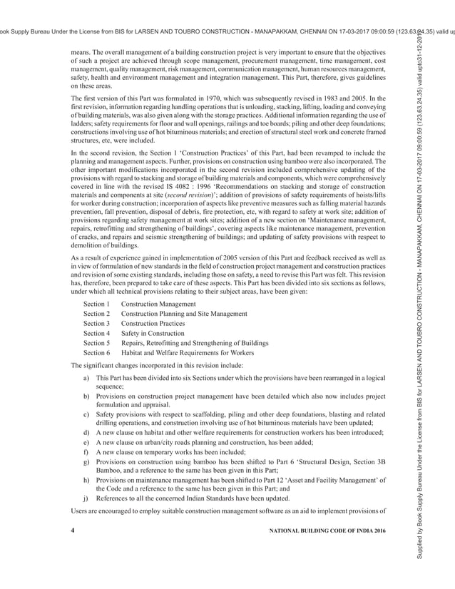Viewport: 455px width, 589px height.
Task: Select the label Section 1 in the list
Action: [96, 304]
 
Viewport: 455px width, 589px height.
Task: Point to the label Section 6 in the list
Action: [96, 352]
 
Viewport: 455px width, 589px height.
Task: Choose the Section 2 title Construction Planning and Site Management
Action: [184, 314]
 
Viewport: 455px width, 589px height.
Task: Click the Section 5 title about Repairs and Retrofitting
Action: [195, 343]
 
